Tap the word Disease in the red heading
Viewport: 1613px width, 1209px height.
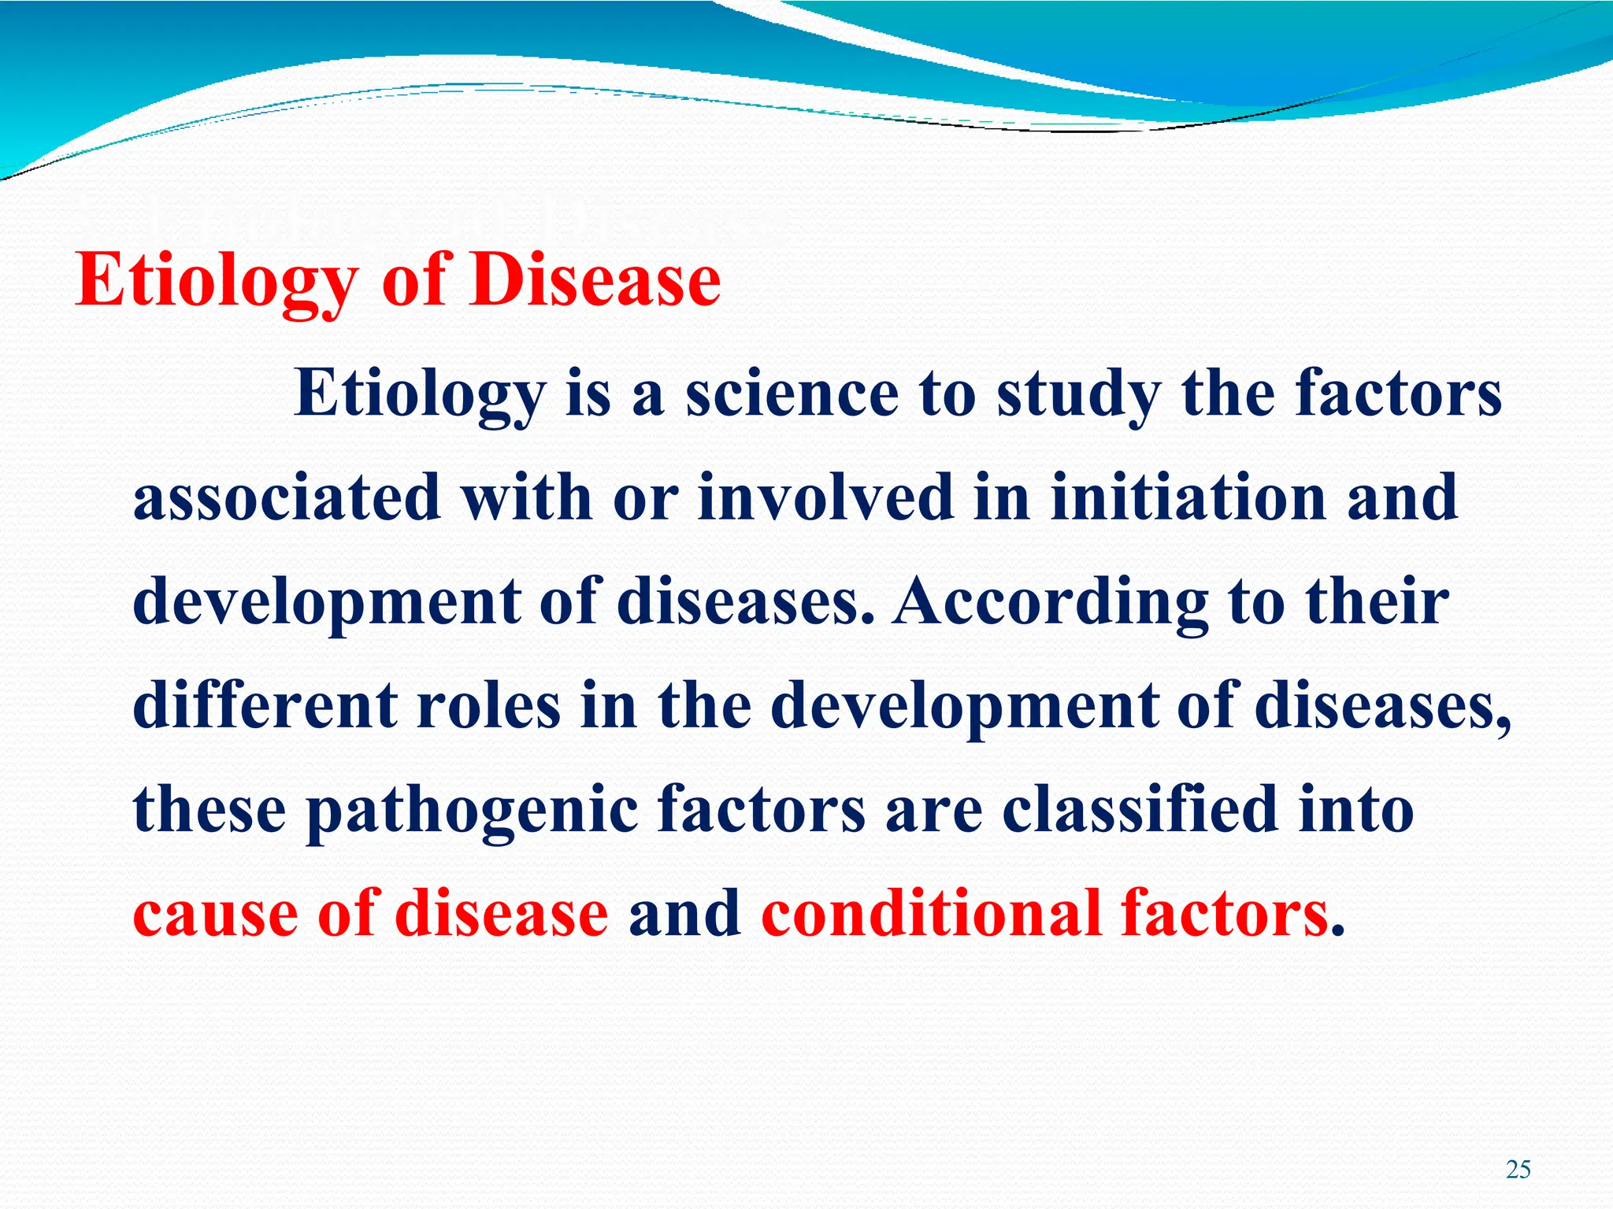(595, 281)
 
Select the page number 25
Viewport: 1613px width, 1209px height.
(1518, 1170)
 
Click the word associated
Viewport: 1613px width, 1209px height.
(287, 498)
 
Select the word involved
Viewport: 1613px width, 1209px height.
(825, 498)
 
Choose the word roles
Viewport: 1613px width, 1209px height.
(488, 704)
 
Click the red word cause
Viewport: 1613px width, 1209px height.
(215, 915)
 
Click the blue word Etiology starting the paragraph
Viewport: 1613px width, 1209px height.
(420, 396)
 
